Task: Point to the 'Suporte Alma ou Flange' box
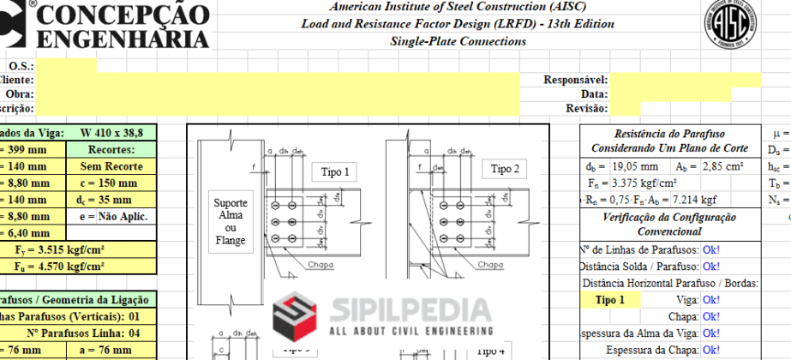tap(231, 222)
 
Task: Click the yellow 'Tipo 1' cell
tap(610, 300)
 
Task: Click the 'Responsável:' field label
tap(576, 80)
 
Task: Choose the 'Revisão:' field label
tap(587, 109)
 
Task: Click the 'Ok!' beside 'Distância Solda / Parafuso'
tap(710, 267)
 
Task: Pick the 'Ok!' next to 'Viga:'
tap(710, 300)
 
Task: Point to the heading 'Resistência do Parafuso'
tap(669, 134)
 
